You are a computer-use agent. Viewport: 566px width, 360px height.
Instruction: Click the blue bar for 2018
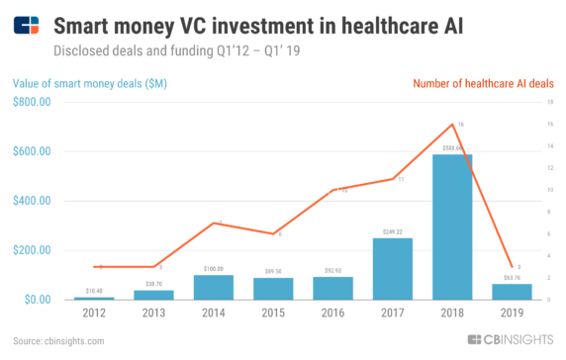452,226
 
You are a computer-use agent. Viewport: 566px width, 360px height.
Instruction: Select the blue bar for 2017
393,268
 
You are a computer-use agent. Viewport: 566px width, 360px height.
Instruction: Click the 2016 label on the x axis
333,314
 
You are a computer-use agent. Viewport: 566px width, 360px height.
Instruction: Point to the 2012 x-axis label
95,314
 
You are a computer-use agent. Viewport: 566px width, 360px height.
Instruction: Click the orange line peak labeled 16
452,124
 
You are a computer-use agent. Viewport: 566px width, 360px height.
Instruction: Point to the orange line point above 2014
214,223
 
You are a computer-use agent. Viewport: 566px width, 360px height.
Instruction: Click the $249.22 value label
393,231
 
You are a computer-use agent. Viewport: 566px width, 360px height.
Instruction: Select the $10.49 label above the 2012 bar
95,291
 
